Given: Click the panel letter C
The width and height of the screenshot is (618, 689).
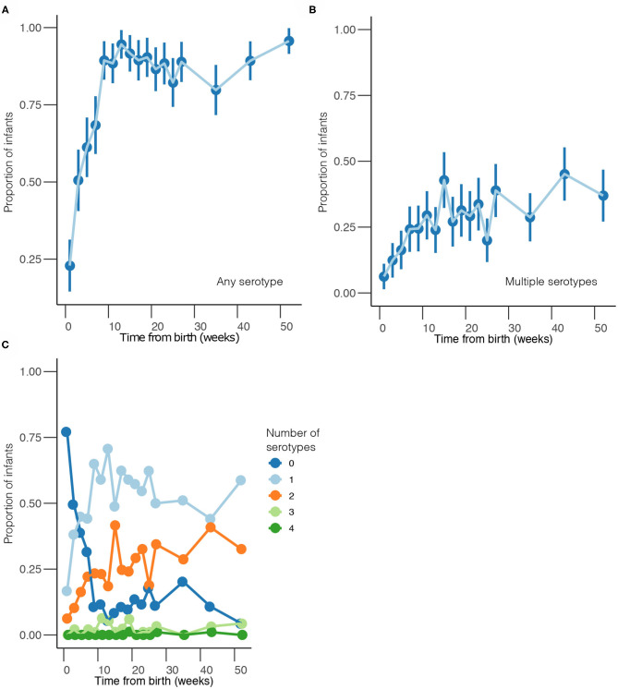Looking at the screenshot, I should pyautogui.click(x=6, y=344).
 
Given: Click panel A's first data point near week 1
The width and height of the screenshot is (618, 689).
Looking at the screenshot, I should pyautogui.click(x=69, y=265).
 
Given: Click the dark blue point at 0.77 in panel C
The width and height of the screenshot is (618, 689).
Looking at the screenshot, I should pyautogui.click(x=66, y=431).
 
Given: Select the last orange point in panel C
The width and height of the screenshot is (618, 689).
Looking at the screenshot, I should pyautogui.click(x=242, y=549).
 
